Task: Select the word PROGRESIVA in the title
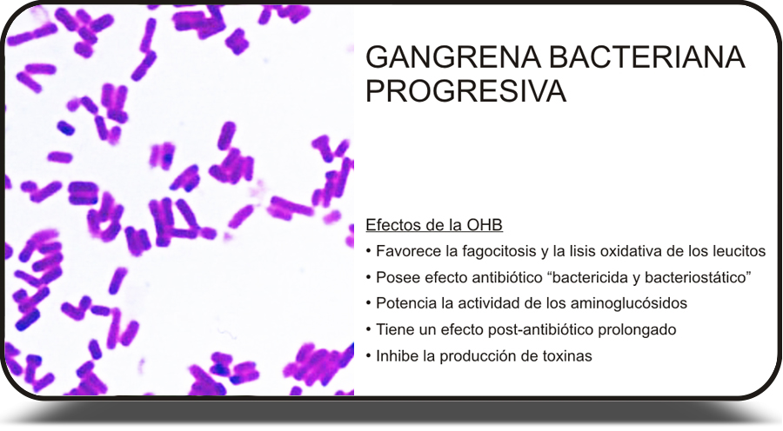(x=466, y=90)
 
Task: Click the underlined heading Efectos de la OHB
(x=434, y=225)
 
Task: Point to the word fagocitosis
(x=499, y=251)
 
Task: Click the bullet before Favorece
(x=369, y=251)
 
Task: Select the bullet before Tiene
(x=369, y=329)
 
